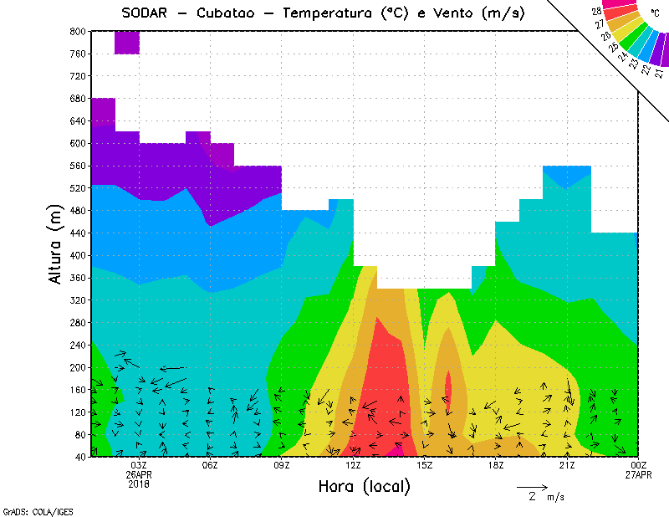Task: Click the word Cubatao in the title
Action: click(227, 13)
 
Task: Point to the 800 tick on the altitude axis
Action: click(77, 31)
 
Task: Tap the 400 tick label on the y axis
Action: click(77, 256)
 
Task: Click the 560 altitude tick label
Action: click(77, 166)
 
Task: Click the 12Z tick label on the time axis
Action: click(353, 465)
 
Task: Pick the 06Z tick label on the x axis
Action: click(210, 465)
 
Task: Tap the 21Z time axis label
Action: click(567, 465)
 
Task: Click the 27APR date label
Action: click(638, 474)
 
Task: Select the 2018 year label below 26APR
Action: click(139, 484)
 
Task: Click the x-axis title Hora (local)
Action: click(364, 486)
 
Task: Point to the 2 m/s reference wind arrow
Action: click(532, 486)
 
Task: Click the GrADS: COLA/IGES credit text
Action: click(29, 509)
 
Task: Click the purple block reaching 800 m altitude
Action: click(126, 42)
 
